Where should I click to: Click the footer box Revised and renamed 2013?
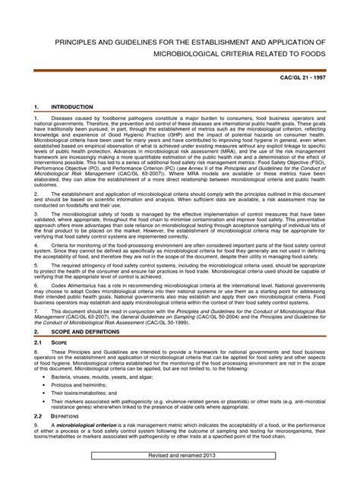[x=181, y=475]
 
